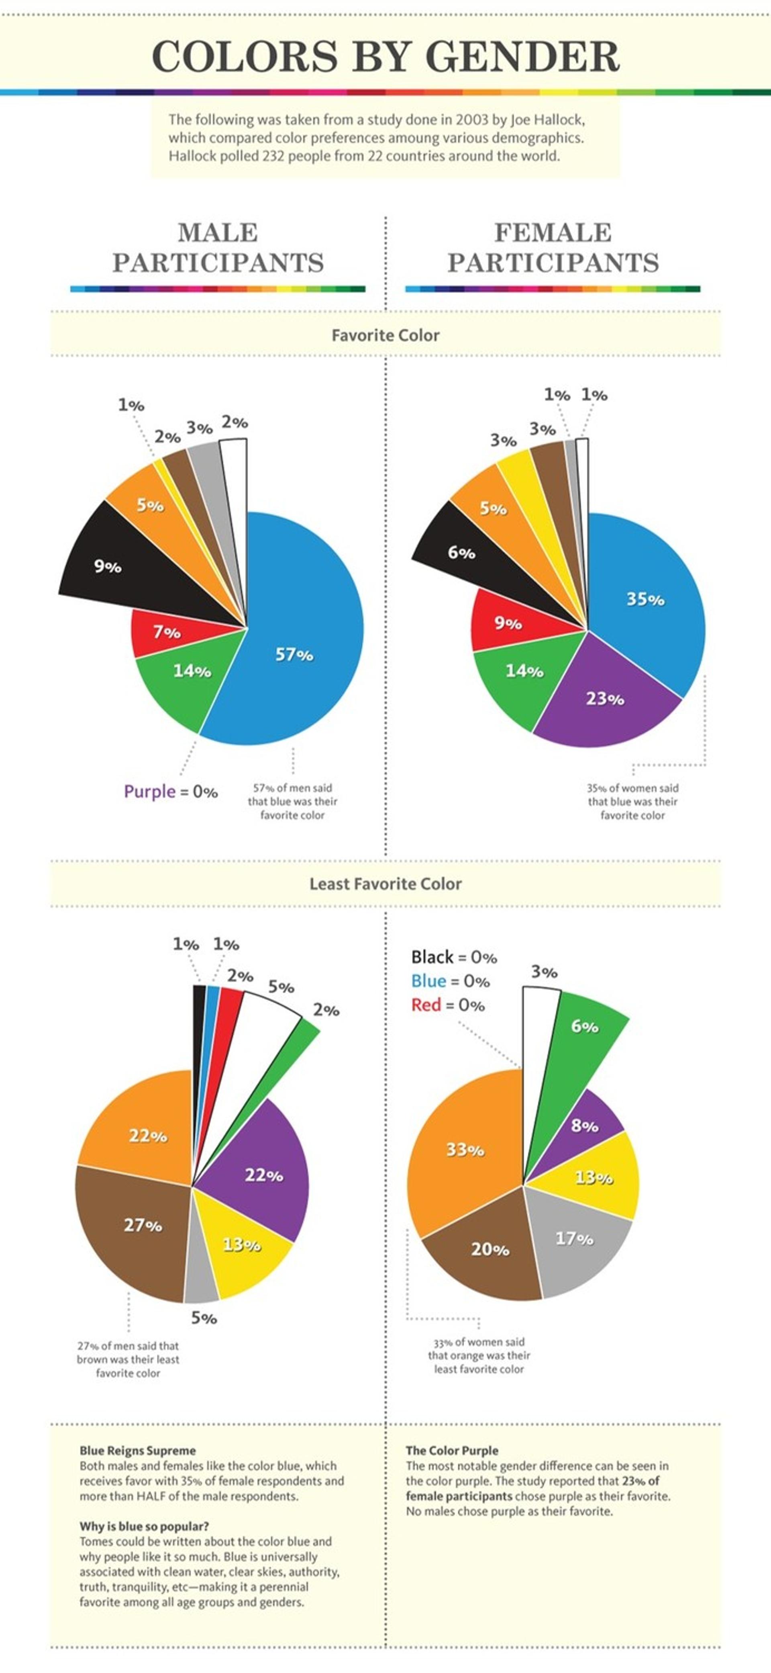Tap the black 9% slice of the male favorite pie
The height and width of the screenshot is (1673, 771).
123,565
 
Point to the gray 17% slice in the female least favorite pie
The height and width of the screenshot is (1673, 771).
577,1244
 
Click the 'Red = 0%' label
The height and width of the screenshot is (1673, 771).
448,1005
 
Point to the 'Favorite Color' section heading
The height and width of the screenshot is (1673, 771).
385,335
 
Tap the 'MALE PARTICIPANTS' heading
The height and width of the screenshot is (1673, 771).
218,248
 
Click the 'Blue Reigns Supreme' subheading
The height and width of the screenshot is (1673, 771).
138,1451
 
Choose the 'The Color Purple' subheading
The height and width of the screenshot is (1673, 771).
452,1451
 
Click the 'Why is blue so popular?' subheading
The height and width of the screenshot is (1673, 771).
144,1527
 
